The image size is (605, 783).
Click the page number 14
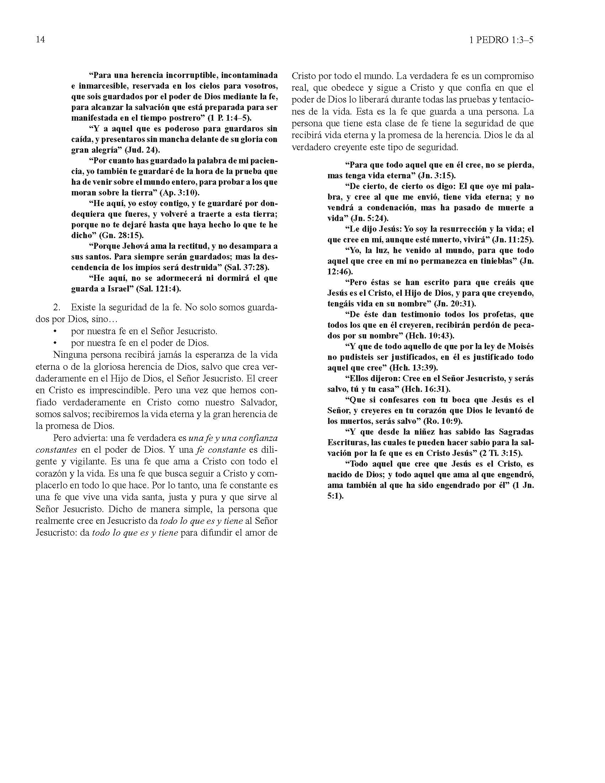coord(40,40)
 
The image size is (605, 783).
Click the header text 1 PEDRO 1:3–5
coord(501,40)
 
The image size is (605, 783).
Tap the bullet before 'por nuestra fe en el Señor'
coord(55,331)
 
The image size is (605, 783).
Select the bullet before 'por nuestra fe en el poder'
coord(55,343)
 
